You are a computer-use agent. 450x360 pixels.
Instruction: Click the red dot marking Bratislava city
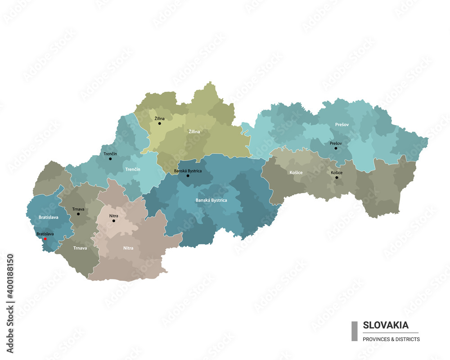pos(45,239)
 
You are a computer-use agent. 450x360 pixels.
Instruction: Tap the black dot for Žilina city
pos(159,123)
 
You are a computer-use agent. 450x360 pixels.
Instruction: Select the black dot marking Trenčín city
pos(110,159)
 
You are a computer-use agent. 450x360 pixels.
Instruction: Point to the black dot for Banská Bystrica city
pos(188,175)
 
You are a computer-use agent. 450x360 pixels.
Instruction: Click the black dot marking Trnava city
pos(78,214)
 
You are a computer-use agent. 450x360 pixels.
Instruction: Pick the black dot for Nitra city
pos(113,220)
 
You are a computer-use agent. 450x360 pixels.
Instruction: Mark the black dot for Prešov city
pos(336,148)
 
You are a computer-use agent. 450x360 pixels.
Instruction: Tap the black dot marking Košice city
pos(337,177)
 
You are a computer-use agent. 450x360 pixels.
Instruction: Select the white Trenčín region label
pos(133,169)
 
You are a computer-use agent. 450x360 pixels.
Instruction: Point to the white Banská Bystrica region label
pos(211,200)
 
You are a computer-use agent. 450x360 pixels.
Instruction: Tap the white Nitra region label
pos(128,248)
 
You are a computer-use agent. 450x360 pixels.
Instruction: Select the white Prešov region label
pos(342,124)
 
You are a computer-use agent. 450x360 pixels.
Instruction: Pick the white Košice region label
pos(296,172)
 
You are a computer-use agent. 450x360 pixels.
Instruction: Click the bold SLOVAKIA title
pos(386,325)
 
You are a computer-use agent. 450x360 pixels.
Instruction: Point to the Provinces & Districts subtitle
pos(391,339)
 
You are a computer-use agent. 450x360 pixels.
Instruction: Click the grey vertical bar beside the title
pos(354,331)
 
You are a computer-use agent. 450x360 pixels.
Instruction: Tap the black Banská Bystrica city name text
pos(188,171)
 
